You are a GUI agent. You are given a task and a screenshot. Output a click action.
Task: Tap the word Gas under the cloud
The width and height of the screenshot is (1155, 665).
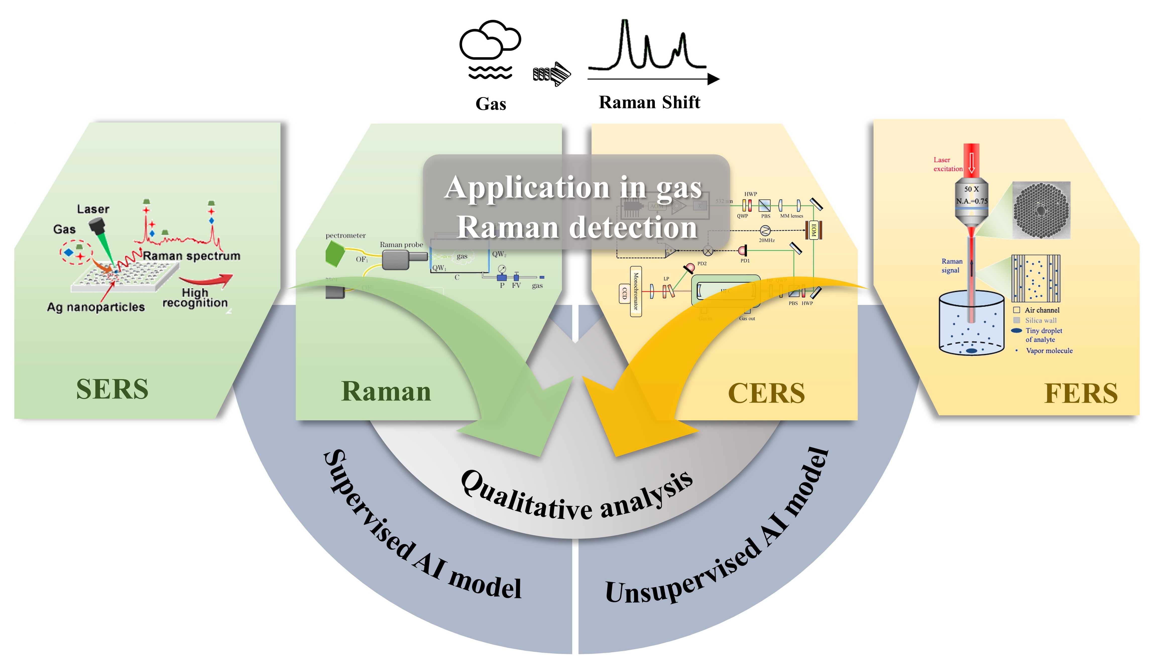(x=491, y=104)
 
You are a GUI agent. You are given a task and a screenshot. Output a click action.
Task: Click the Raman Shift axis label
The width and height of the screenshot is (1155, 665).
(x=649, y=102)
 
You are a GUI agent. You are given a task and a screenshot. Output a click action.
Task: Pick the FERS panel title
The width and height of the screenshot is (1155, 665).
(x=1080, y=393)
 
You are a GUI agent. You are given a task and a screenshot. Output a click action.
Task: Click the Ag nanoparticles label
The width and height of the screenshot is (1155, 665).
(x=96, y=307)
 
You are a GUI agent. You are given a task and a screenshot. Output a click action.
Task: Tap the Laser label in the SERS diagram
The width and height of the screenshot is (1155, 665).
(x=93, y=209)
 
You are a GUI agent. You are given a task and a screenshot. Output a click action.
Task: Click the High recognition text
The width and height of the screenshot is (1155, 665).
(x=195, y=298)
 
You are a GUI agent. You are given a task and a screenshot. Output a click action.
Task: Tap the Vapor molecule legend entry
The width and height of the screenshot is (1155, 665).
(x=1049, y=351)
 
